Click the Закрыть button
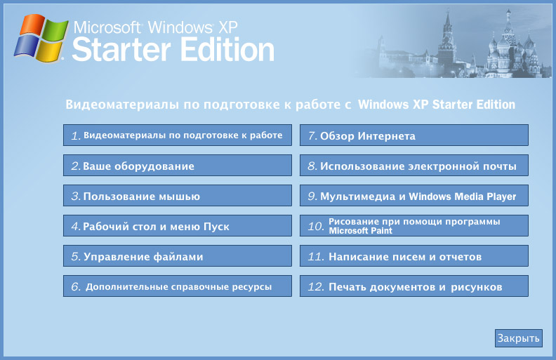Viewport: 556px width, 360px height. click(518, 338)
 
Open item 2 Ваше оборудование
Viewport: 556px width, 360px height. click(177, 166)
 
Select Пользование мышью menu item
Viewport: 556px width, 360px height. click(177, 196)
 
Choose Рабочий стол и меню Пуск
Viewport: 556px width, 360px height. click(177, 227)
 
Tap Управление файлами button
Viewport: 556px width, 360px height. click(177, 257)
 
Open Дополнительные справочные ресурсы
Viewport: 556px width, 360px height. click(177, 287)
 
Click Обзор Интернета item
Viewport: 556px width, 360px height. click(413, 136)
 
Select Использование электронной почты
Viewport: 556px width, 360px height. click(413, 166)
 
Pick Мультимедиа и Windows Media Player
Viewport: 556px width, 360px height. click(413, 196)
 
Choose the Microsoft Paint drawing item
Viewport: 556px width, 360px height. click(413, 226)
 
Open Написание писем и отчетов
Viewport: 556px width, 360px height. click(413, 257)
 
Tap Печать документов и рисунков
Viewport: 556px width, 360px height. click(413, 287)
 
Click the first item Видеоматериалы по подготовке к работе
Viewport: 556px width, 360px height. click(177, 135)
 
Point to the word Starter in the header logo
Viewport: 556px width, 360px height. click(126, 51)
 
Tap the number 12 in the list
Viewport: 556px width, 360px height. click(315, 287)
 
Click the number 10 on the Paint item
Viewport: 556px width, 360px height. click(315, 227)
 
